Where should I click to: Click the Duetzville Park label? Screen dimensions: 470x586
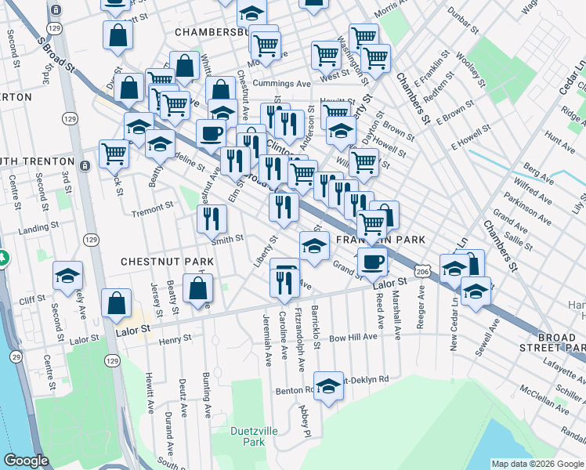(x=248, y=436)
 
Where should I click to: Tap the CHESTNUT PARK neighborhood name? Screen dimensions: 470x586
(x=157, y=260)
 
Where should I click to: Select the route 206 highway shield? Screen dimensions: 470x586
(x=422, y=271)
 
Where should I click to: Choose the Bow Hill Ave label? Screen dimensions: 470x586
(x=353, y=337)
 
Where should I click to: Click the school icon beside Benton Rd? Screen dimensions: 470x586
(x=329, y=385)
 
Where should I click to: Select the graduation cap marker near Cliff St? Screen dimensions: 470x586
(x=68, y=274)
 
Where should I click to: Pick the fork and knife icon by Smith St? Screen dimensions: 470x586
(x=210, y=219)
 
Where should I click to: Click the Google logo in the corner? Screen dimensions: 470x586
(x=26, y=461)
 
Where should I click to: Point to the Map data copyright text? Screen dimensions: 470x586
(x=537, y=464)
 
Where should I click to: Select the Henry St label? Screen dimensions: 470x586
(x=175, y=339)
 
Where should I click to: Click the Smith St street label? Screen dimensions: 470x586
(x=227, y=239)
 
